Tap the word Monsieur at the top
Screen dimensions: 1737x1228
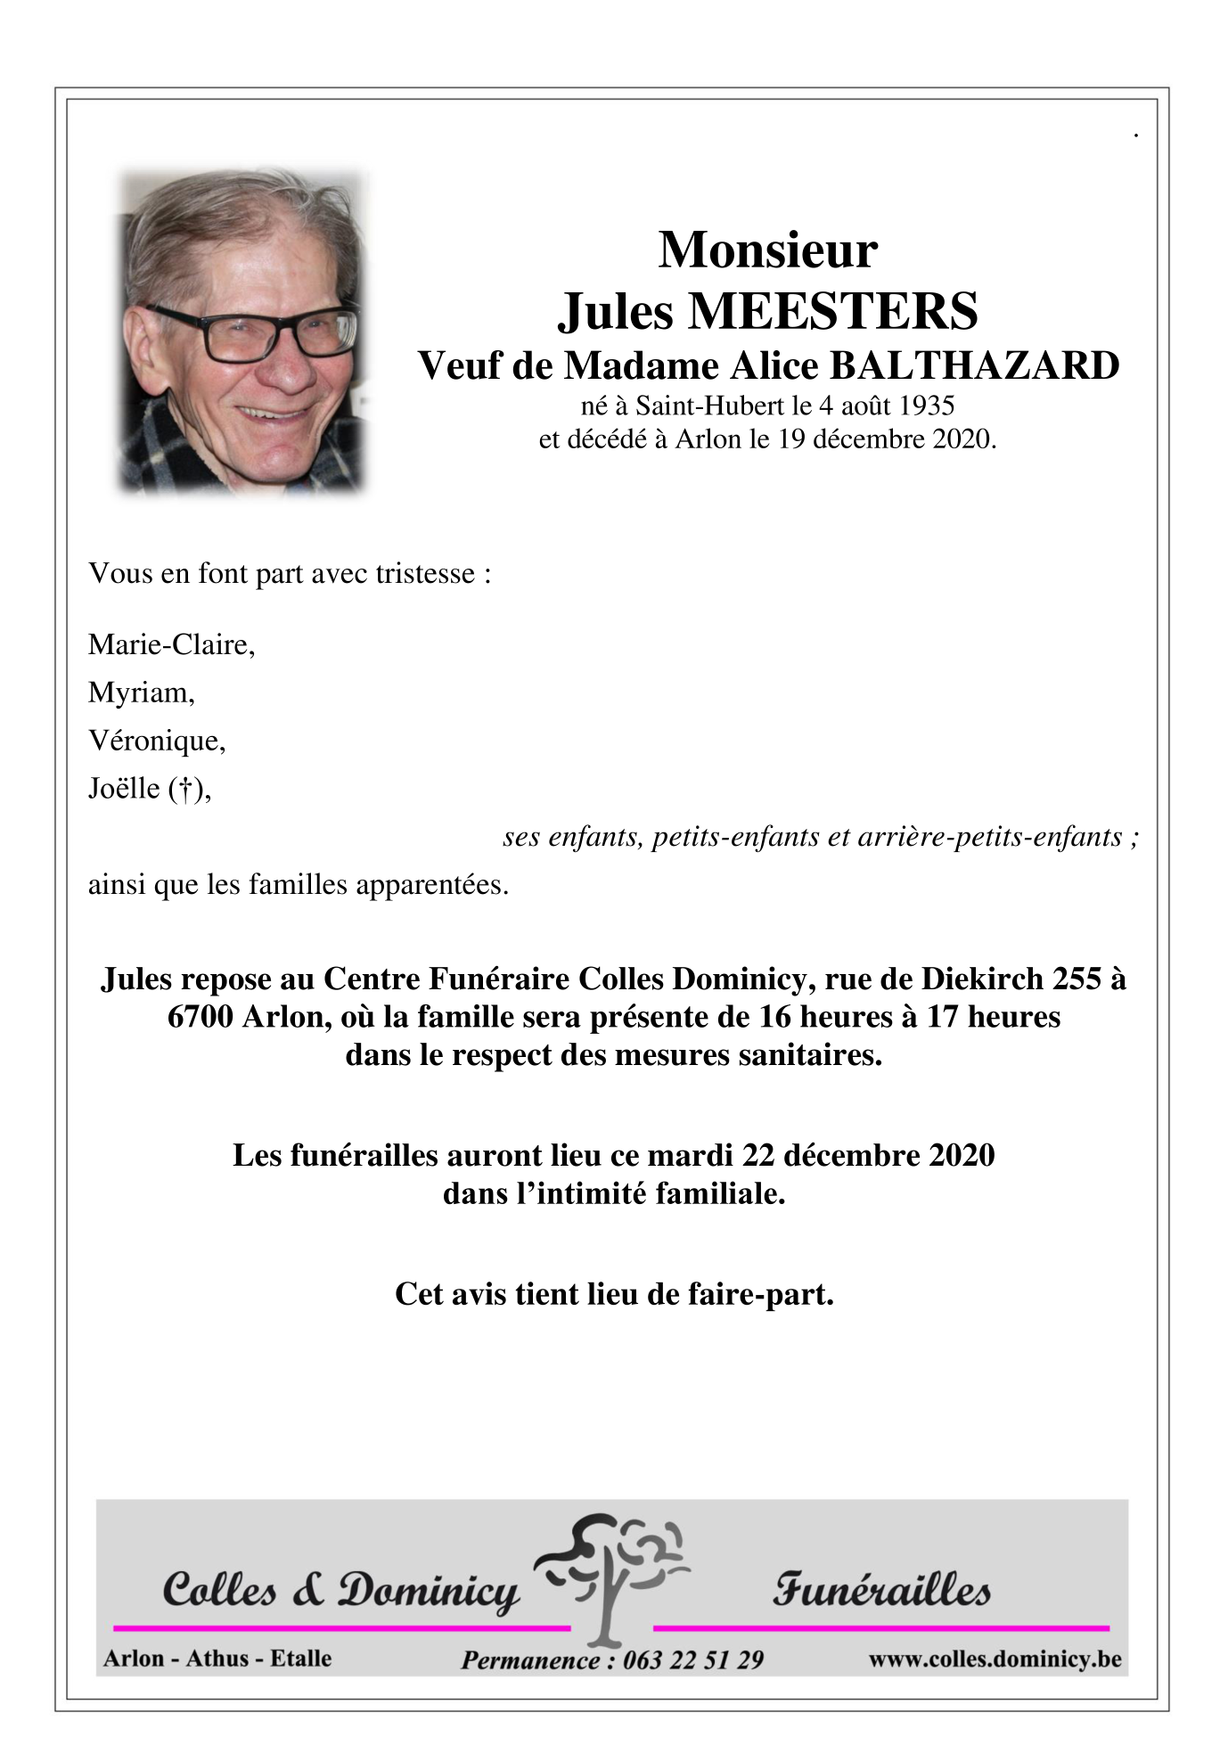(x=767, y=250)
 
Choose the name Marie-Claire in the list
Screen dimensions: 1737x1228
(x=170, y=644)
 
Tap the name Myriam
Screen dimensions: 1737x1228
(x=140, y=692)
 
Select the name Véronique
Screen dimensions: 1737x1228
(x=156, y=741)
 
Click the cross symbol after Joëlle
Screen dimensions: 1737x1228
(x=186, y=789)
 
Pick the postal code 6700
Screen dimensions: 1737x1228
(x=200, y=1017)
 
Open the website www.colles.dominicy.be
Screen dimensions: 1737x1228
(x=995, y=1659)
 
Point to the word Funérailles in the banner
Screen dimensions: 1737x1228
(x=880, y=1590)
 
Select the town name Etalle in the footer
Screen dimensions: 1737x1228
(x=300, y=1659)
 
